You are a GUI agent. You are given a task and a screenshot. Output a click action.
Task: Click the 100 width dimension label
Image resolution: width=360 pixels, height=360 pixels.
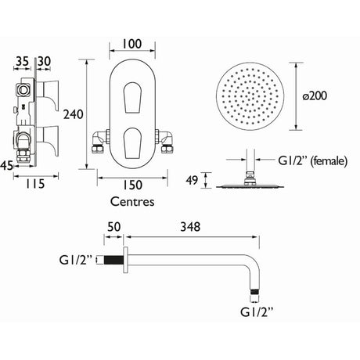pyautogui.click(x=132, y=44)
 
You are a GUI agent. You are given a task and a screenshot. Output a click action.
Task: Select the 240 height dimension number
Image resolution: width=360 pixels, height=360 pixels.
pyautogui.click(x=74, y=114)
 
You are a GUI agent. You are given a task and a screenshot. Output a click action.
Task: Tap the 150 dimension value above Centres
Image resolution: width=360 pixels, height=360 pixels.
pyautogui.click(x=132, y=185)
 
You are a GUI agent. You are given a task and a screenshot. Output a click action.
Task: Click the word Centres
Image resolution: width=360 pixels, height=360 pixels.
pyautogui.click(x=132, y=202)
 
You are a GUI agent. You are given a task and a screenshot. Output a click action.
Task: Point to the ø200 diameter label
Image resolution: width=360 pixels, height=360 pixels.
pyautogui.click(x=315, y=95)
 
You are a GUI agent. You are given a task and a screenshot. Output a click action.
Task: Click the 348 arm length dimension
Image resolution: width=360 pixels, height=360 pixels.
pyautogui.click(x=190, y=227)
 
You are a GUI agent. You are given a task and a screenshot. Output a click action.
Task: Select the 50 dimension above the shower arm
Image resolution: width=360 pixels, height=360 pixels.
pyautogui.click(x=114, y=227)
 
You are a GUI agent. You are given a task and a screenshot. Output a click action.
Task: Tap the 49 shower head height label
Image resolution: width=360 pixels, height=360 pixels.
pyautogui.click(x=192, y=180)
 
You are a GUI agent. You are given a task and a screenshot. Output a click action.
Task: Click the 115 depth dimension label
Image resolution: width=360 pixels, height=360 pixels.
pyautogui.click(x=35, y=184)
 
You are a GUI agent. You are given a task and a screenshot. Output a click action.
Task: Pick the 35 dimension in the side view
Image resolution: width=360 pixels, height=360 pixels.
pyautogui.click(x=22, y=62)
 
